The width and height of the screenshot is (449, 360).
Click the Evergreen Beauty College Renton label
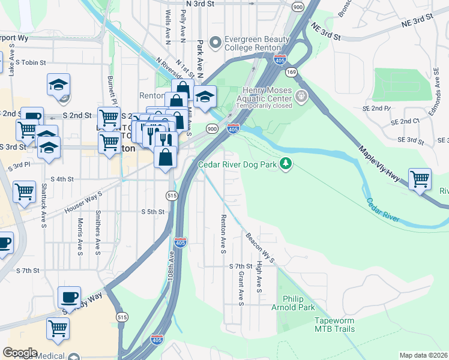[252, 43]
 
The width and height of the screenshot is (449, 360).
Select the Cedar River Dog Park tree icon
[286, 163]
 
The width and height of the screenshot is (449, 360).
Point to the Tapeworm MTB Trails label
[334, 325]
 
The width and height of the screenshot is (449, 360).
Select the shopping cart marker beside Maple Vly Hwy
[420, 179]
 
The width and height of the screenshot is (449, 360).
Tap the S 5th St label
[152, 212]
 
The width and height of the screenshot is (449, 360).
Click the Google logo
[20, 353]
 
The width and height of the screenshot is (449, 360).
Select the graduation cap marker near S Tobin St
[58, 85]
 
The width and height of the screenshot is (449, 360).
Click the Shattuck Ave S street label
[44, 206]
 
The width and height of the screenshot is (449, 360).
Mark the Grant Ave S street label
[240, 288]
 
